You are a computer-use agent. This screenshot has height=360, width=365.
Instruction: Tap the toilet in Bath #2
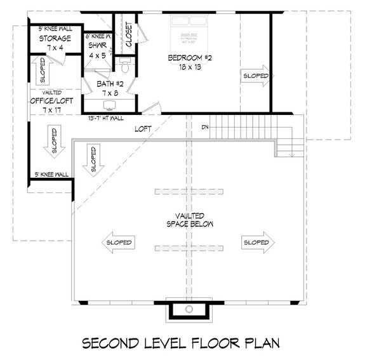(x=124, y=66)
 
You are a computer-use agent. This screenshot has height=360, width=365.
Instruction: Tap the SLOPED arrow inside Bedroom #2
(x=256, y=76)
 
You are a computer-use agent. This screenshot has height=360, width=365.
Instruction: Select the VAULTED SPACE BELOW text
(x=189, y=220)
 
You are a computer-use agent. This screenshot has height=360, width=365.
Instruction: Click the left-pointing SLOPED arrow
(x=119, y=243)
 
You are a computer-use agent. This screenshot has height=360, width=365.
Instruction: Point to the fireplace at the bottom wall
(x=189, y=309)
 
